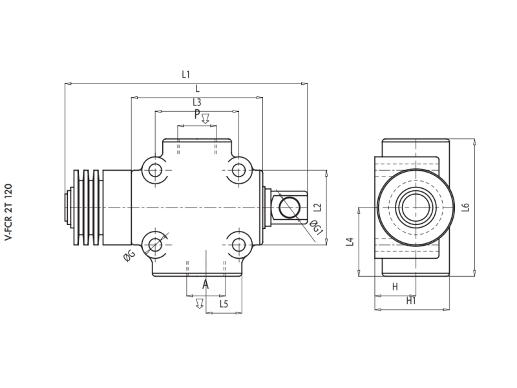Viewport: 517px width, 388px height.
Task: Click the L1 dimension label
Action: (186, 75)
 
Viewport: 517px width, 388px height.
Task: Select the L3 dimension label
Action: (196, 103)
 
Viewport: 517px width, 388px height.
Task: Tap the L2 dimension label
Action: (317, 208)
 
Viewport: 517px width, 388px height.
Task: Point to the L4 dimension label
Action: (350, 242)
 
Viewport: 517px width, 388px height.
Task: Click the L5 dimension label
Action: (224, 303)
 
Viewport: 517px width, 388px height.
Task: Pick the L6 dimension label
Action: (465, 208)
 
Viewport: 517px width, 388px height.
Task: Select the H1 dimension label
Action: (411, 301)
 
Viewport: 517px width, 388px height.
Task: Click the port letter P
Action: (197, 115)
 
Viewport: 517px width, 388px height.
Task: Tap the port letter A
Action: (206, 285)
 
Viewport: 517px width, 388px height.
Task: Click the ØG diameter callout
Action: (129, 256)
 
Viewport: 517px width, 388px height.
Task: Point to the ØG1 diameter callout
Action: (315, 228)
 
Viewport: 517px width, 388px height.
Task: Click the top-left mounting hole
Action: (155, 171)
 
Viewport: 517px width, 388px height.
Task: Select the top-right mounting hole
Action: (239, 171)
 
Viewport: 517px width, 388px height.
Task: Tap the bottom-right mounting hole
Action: (239, 244)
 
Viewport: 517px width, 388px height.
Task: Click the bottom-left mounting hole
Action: (155, 244)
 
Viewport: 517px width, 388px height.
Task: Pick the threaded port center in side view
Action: (411, 208)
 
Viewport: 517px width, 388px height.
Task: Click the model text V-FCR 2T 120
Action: (8, 213)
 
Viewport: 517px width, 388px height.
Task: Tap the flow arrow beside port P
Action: (206, 118)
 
